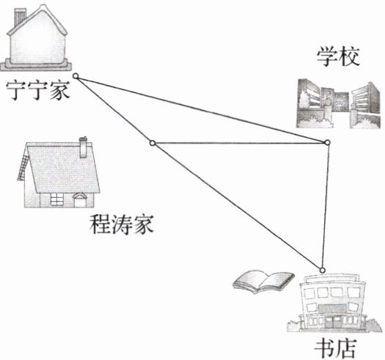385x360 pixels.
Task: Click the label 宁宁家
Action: tap(38, 90)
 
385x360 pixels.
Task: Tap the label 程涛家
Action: tap(121, 224)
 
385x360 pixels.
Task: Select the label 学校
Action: tap(338, 56)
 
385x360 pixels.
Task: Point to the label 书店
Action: tap(335, 349)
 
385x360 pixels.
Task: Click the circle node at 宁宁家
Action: tap(76, 76)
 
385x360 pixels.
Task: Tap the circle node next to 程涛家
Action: tap(153, 143)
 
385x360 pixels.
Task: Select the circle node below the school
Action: tap(327, 142)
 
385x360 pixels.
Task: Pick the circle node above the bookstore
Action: tap(323, 271)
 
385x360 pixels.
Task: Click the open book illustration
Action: tap(263, 281)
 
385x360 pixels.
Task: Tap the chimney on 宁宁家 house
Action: tap(20, 17)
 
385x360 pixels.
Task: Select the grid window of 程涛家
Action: tap(56, 199)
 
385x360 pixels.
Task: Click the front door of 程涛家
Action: tap(80, 202)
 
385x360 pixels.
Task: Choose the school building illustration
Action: tap(338, 103)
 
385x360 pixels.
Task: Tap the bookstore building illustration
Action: tap(334, 304)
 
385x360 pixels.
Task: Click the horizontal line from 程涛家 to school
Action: tap(240, 143)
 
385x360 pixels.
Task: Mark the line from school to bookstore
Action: tap(325, 206)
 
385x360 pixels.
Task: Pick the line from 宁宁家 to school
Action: tap(202, 109)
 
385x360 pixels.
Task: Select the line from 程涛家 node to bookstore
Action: tap(238, 207)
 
